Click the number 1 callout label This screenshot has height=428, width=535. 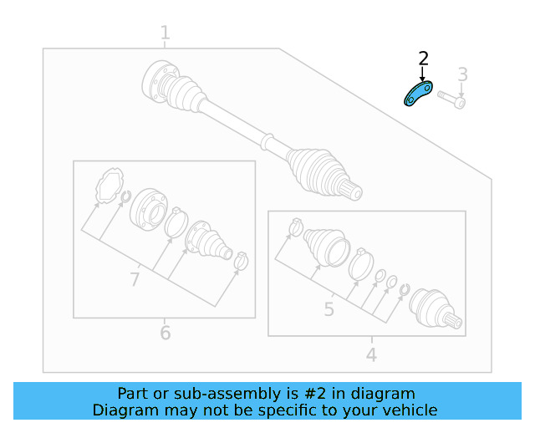click(165, 33)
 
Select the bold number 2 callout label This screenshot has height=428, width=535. click(423, 59)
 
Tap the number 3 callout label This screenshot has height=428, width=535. click(461, 75)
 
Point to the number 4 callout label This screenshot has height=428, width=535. click(371, 355)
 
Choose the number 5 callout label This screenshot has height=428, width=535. click(329, 310)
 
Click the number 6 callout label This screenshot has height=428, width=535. click(165, 334)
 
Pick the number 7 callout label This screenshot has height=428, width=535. click(135, 279)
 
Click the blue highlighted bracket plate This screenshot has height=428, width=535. click(417, 94)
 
